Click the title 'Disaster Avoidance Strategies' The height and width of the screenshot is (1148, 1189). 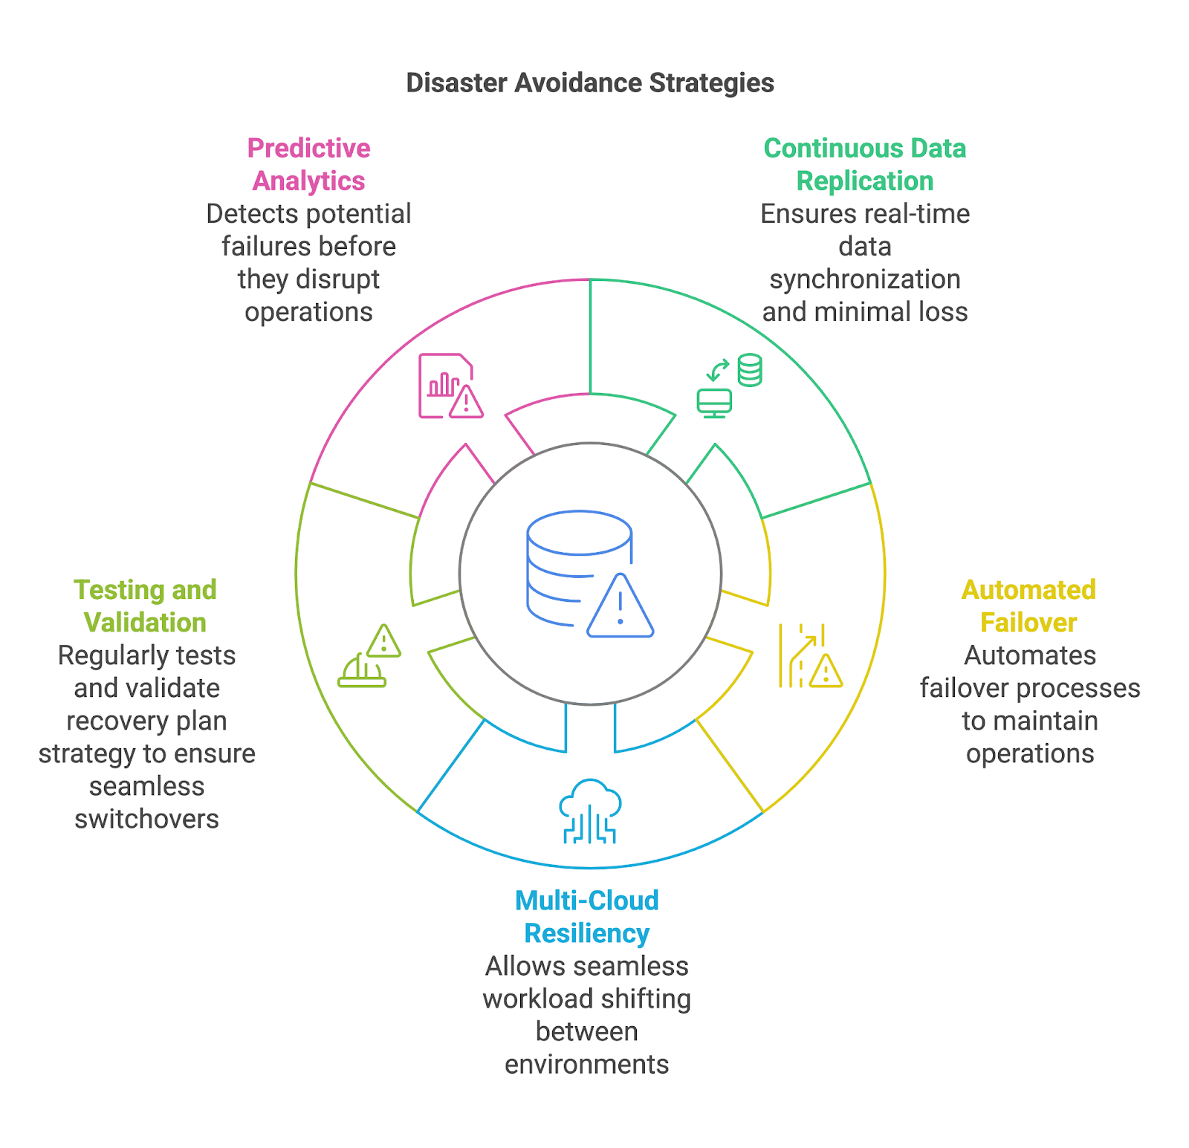590,83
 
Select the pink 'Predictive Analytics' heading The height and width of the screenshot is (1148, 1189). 308,164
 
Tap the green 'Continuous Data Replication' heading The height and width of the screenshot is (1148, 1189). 865,164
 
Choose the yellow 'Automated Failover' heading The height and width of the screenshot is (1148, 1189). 1028,606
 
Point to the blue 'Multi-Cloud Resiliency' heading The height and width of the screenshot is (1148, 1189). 587,916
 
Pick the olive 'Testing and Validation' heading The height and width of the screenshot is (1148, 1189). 146,606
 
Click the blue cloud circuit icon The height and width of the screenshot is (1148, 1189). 590,811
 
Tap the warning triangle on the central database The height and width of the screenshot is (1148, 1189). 621,607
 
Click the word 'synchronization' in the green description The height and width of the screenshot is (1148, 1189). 865,279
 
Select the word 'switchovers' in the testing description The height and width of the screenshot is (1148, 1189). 146,819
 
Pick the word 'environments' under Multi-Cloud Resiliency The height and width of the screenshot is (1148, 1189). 587,1064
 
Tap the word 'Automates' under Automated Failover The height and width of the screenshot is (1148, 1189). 1029,655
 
